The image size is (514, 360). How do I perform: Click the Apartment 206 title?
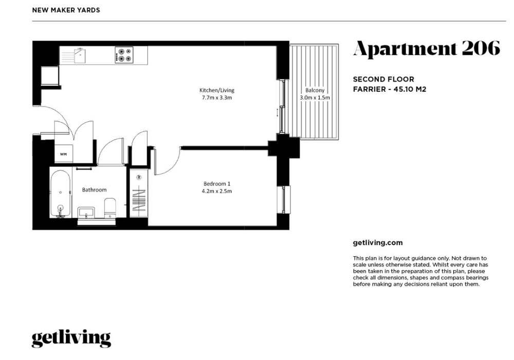click(x=427, y=48)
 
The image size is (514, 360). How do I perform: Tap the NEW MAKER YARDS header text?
click(x=66, y=10)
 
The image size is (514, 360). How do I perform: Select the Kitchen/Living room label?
click(x=217, y=90)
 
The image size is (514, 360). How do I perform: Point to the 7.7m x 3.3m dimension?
click(x=217, y=98)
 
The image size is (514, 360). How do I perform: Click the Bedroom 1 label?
click(x=217, y=184)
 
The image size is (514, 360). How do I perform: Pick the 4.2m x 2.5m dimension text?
click(x=217, y=191)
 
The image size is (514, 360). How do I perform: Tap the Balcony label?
click(x=315, y=90)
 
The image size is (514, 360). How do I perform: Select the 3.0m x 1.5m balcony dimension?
click(x=315, y=98)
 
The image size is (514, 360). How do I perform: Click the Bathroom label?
click(x=94, y=190)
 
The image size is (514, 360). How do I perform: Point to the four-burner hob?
click(x=124, y=55)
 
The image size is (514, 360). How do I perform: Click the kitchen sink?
click(x=80, y=55)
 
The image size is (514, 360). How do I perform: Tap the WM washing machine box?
click(x=63, y=154)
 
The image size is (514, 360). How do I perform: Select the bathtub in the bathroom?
click(x=60, y=194)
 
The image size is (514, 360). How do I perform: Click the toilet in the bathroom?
click(x=110, y=207)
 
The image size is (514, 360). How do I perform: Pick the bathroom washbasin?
click(x=86, y=212)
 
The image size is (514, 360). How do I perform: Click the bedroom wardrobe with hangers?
click(x=139, y=193)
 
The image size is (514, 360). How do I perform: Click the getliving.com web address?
click(x=378, y=243)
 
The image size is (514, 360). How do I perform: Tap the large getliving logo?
click(x=71, y=339)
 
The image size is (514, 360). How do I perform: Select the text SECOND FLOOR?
click(x=383, y=79)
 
